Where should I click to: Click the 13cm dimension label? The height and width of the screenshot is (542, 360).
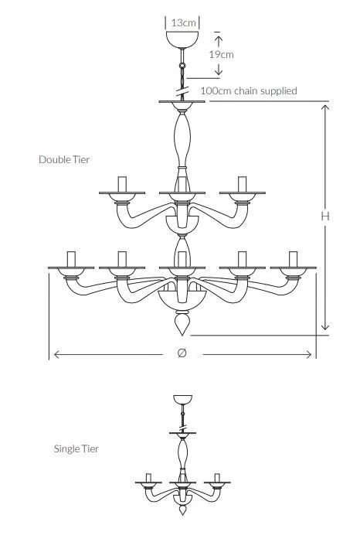183,23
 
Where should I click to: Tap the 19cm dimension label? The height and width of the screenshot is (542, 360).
221,54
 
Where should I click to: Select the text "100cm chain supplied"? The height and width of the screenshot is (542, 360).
249,91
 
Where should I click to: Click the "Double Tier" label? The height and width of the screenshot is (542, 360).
64,160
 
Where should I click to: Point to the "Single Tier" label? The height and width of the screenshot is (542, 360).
76,448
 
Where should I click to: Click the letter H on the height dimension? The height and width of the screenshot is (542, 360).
325,216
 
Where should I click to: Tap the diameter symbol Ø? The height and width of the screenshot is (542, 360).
182,353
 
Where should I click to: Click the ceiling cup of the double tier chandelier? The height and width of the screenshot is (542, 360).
182,39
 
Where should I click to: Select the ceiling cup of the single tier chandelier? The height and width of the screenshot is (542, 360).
183,399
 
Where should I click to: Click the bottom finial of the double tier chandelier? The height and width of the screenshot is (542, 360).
182,323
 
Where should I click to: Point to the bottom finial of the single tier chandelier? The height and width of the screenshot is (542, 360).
183,510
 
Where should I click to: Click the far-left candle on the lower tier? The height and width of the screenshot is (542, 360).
71,259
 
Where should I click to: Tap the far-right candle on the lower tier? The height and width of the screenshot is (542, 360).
293,259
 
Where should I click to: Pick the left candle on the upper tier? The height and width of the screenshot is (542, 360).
122,184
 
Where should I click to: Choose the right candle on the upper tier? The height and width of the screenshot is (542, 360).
242,184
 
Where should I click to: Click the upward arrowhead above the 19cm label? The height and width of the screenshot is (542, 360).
218,39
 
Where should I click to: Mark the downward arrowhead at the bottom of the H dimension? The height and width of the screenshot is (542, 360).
325,326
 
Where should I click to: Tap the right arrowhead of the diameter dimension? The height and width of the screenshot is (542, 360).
308,354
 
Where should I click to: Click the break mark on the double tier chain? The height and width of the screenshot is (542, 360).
182,91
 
